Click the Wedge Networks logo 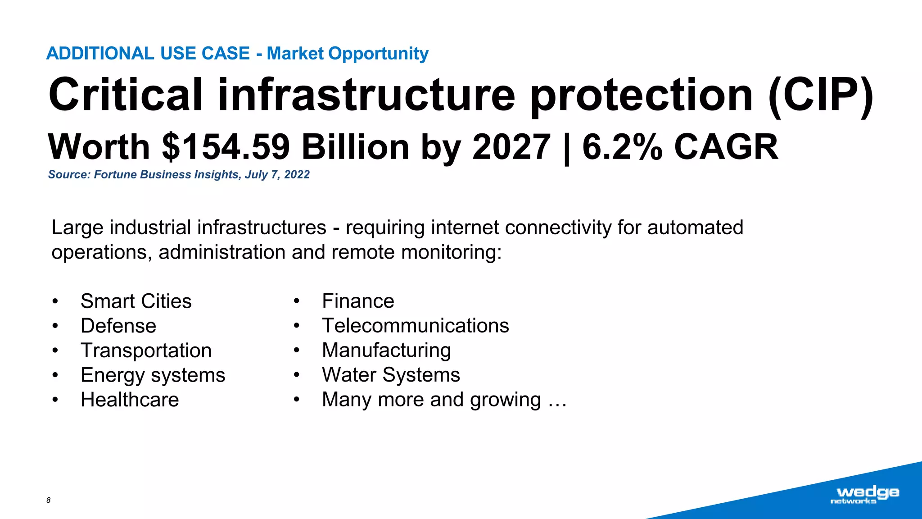(x=864, y=495)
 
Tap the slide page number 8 (x=49, y=500)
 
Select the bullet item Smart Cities (x=136, y=301)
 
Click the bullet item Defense (x=118, y=326)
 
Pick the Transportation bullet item (x=146, y=351)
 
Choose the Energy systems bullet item (x=153, y=375)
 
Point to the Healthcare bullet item (x=130, y=400)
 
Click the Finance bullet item (x=358, y=301)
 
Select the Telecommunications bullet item (x=415, y=326)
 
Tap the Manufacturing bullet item (x=386, y=351)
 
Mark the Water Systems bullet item (x=391, y=375)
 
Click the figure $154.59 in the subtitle (x=226, y=147)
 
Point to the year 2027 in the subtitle (x=511, y=147)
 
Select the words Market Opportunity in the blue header (x=347, y=54)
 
